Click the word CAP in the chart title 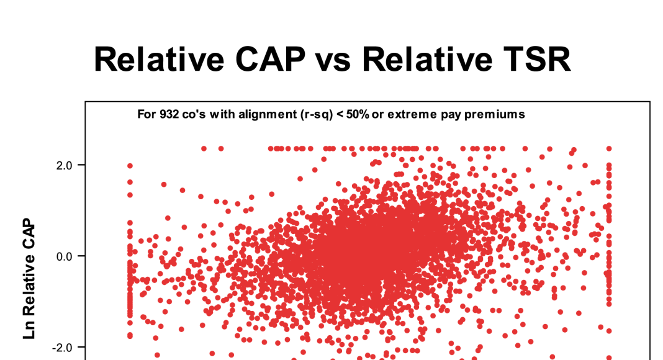tap(270, 59)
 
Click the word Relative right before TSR tap(427, 59)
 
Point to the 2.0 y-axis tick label tap(64, 165)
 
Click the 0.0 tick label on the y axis tap(64, 256)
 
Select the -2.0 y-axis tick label tap(62, 348)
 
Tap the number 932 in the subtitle tap(168, 114)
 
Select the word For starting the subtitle tap(147, 114)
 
